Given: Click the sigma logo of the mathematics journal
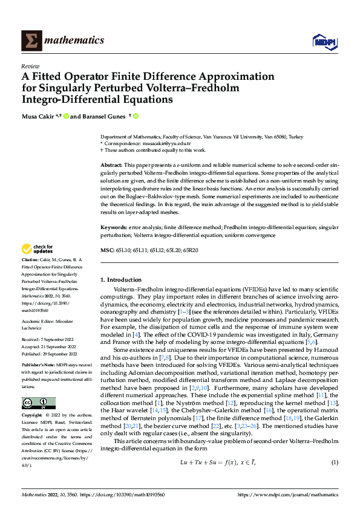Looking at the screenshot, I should tap(30, 41).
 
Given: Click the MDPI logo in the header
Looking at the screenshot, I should tap(324, 41).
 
